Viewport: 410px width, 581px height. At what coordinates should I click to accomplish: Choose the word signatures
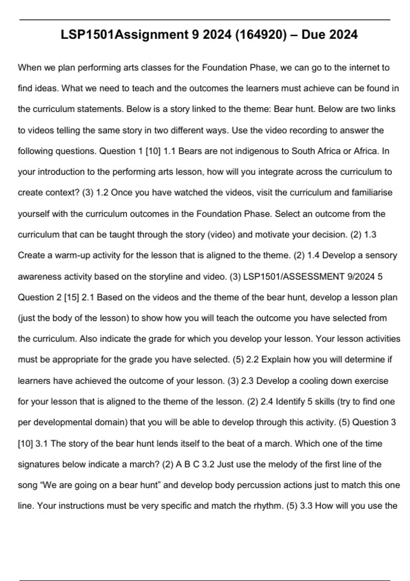click(x=39, y=464)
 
